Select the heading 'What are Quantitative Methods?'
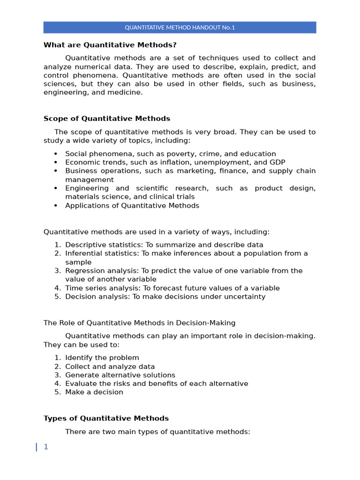[x=110, y=45]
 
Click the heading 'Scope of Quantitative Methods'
[x=107, y=119]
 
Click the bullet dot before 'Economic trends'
[x=55, y=162]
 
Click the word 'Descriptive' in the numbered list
[x=84, y=245]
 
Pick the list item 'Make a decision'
[x=94, y=392]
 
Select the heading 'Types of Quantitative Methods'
[x=106, y=418]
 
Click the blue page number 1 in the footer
[x=46, y=447]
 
